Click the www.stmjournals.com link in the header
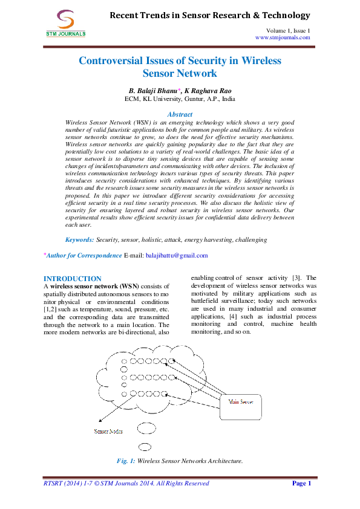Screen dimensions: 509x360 283,37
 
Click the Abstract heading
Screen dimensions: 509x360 180,114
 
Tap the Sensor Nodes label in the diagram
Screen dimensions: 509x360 110,431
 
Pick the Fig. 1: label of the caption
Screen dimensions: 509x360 125,461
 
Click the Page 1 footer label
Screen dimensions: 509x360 301,484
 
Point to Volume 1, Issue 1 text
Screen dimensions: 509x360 287,30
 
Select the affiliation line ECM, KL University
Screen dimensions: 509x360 180,98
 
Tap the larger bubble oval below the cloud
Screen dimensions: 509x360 145,448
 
